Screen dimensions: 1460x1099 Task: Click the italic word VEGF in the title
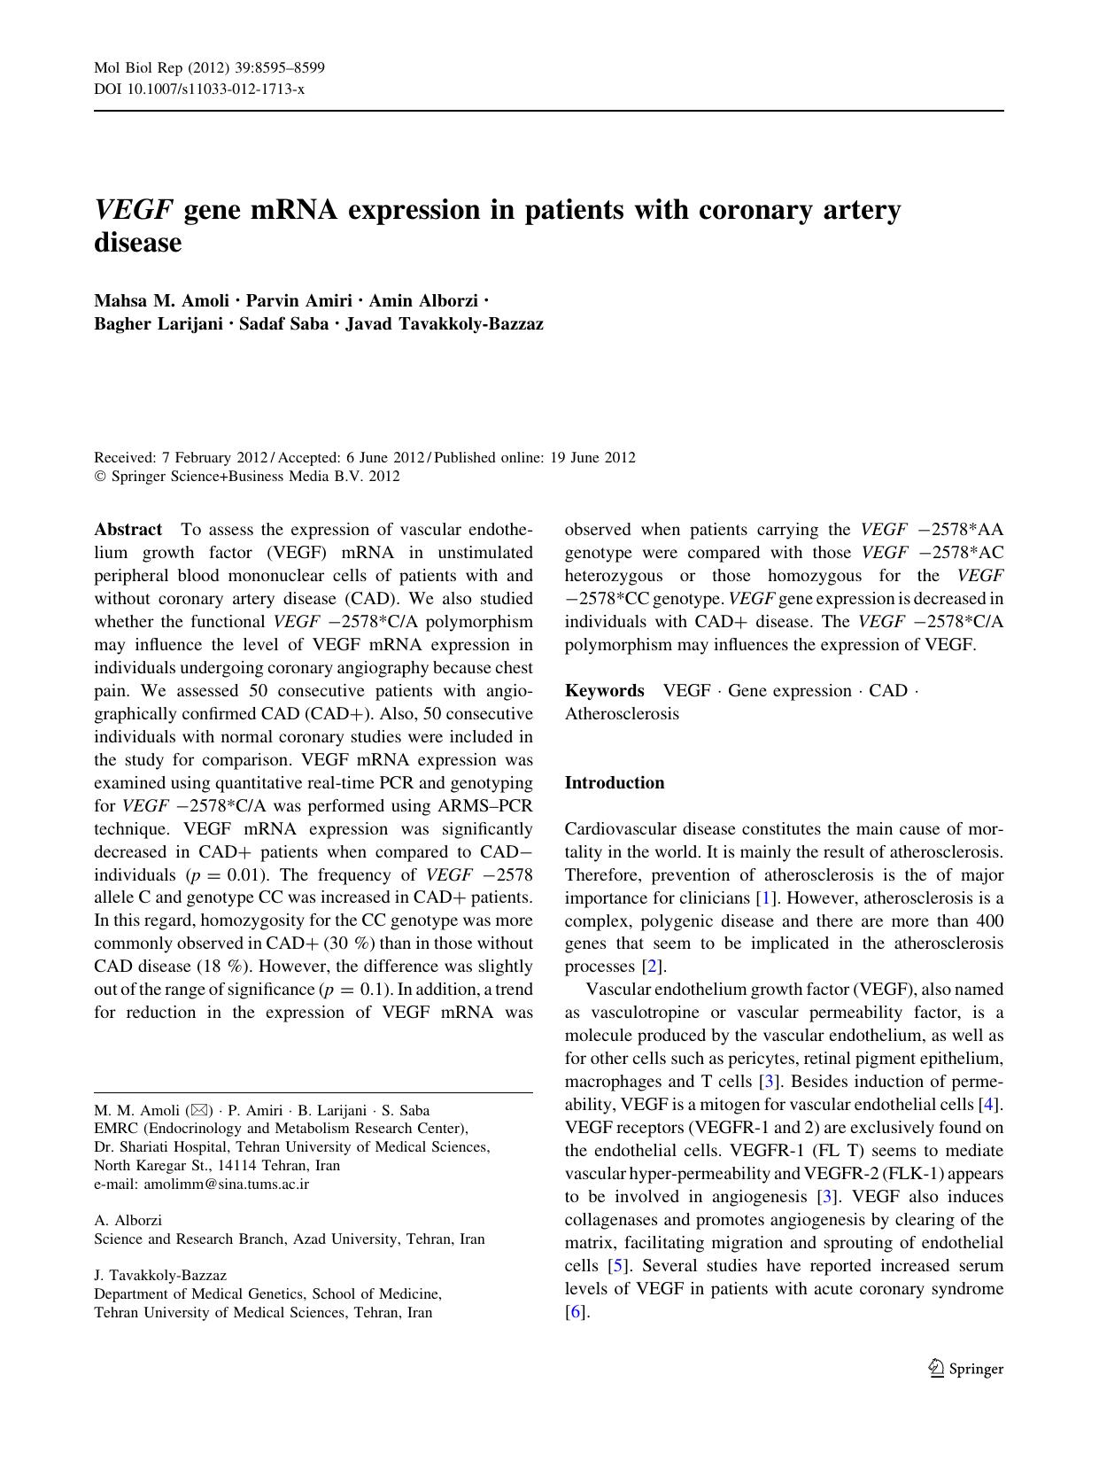pyautogui.click(x=133, y=210)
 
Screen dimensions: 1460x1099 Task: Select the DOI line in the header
pyautogui.click(x=199, y=89)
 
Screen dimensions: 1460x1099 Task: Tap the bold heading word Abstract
pyautogui.click(x=128, y=530)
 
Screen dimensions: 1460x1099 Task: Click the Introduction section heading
pyautogui.click(x=615, y=782)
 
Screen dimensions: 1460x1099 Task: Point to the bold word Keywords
pyautogui.click(x=605, y=690)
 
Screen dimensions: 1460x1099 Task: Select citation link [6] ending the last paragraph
pyautogui.click(x=576, y=1312)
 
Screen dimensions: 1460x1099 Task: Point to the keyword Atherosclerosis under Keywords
pyautogui.click(x=622, y=713)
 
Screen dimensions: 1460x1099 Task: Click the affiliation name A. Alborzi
pyautogui.click(x=128, y=1220)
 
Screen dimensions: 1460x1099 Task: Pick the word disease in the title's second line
pyautogui.click(x=138, y=242)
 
